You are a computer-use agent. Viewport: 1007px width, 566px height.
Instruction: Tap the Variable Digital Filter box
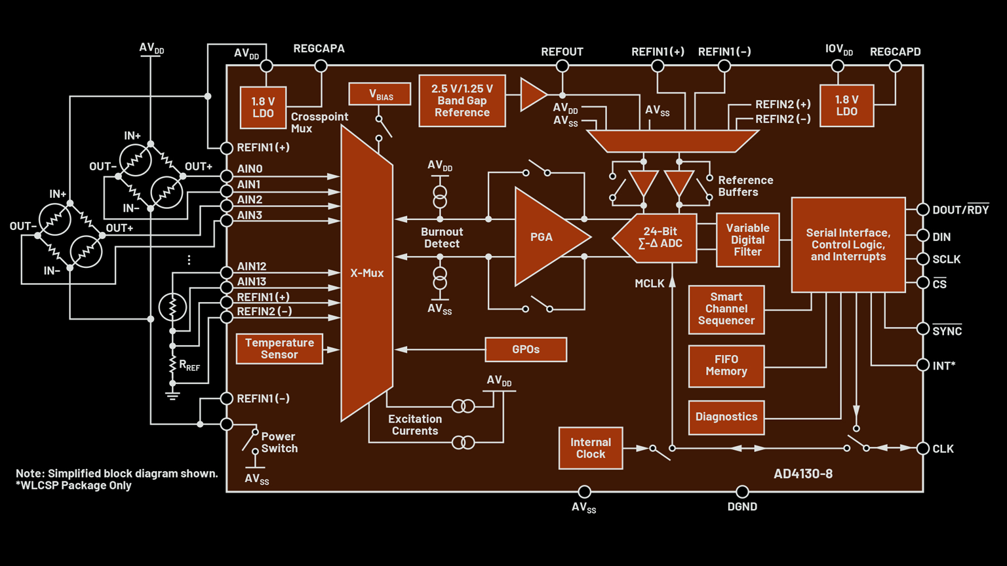(747, 240)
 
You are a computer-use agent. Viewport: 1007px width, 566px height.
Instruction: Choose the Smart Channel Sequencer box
(726, 309)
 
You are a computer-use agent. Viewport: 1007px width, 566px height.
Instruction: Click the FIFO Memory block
(726, 366)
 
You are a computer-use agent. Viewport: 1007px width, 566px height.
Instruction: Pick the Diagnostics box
(726, 417)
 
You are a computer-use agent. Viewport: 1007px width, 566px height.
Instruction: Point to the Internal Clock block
(590, 448)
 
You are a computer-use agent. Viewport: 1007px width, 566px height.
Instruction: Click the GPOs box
(526, 350)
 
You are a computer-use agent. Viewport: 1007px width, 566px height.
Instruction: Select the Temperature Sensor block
(279, 349)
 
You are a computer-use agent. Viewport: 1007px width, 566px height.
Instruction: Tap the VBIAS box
(380, 94)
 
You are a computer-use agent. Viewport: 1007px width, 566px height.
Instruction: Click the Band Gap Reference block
(462, 101)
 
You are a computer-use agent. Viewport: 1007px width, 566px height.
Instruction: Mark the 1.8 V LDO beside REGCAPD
(846, 105)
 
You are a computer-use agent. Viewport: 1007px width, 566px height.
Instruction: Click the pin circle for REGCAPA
(321, 66)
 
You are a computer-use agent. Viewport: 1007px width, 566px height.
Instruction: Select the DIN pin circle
(922, 236)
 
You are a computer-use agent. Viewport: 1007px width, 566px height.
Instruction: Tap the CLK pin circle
(922, 449)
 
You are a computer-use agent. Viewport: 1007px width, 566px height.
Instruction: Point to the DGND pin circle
(742, 491)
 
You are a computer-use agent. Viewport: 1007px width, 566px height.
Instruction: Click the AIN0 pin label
(250, 169)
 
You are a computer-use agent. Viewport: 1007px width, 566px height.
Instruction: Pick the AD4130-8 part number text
(802, 474)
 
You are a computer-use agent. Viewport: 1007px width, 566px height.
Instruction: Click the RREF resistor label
(189, 366)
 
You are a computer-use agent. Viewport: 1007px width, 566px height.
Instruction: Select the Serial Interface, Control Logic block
(848, 244)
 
